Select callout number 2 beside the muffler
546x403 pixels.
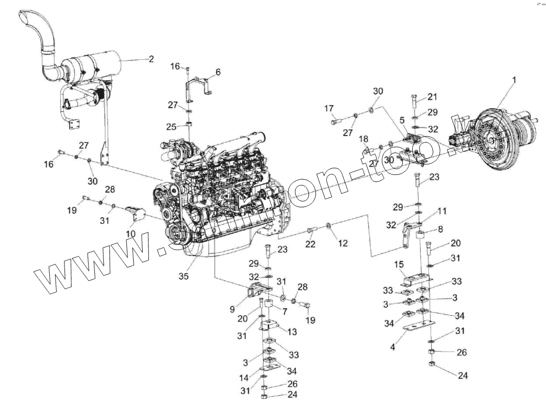click(151, 59)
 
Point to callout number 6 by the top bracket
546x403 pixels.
click(218, 71)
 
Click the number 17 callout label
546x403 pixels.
click(329, 109)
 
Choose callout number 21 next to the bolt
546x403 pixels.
click(432, 97)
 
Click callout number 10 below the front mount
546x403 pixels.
click(131, 233)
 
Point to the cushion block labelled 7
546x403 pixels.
click(268, 305)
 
